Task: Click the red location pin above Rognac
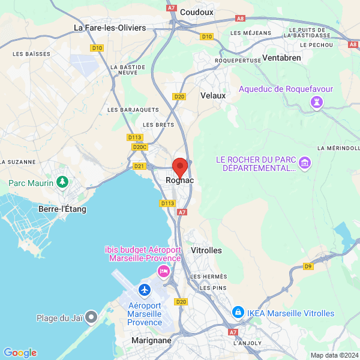pyautogui.click(x=179, y=167)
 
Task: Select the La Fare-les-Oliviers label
pyautogui.click(x=110, y=28)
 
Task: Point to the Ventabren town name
pyautogui.click(x=281, y=58)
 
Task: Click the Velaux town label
pyautogui.click(x=213, y=95)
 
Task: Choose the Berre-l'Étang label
pyautogui.click(x=62, y=209)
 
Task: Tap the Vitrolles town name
pyautogui.click(x=206, y=250)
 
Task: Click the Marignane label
pyautogui.click(x=151, y=340)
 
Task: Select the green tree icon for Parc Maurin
pyautogui.click(x=61, y=181)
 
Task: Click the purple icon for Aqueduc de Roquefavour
pyautogui.click(x=315, y=103)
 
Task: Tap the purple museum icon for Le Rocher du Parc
pyautogui.click(x=305, y=163)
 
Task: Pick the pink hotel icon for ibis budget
pyautogui.click(x=163, y=271)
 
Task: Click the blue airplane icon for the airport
pyautogui.click(x=145, y=290)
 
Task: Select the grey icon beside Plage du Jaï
pyautogui.click(x=91, y=316)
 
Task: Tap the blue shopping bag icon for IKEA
pyautogui.click(x=238, y=313)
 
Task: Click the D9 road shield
pyautogui.click(x=308, y=266)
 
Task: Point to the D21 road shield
pyautogui.click(x=139, y=166)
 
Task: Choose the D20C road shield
pyautogui.click(x=139, y=147)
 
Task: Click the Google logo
pyautogui.click(x=20, y=353)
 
